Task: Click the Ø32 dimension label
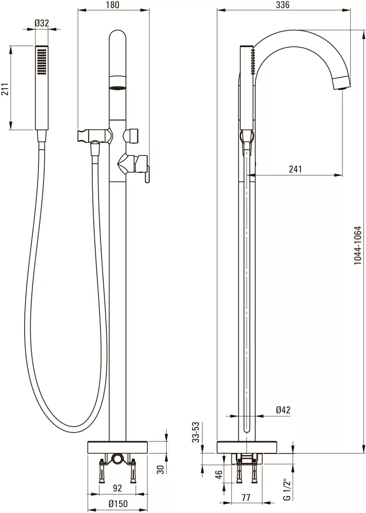point(42,23)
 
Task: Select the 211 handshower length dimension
point(5,88)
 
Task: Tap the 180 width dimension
point(113,5)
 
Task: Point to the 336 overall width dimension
point(282,5)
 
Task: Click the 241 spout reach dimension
point(295,169)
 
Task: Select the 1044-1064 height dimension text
point(358,250)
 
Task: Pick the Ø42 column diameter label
point(283,410)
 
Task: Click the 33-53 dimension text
point(195,432)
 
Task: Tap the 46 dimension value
point(219,473)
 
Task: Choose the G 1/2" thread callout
point(287,490)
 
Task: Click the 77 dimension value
point(246,497)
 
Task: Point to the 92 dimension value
point(117,488)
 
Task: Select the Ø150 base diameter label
point(118,504)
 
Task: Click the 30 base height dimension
point(160,470)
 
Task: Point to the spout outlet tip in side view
point(341,83)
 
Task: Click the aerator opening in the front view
point(117,88)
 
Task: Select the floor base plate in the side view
point(247,447)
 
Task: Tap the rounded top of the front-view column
point(117,36)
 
